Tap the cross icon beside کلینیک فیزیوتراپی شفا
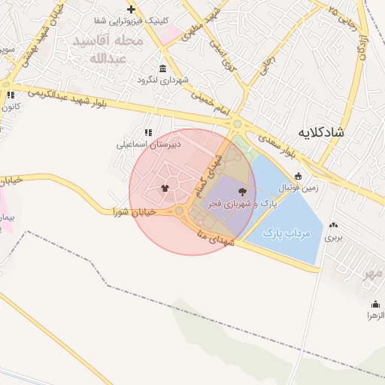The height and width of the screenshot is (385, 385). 131,9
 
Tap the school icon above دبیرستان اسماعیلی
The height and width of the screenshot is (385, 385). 147,132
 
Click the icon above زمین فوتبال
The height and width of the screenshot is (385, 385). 299,177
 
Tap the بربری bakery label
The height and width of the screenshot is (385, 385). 332,237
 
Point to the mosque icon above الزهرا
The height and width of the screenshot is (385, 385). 375,305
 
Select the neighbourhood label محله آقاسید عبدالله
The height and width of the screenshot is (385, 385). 106,48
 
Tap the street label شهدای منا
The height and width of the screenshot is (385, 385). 218,239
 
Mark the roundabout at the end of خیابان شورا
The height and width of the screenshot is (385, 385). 180,211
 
